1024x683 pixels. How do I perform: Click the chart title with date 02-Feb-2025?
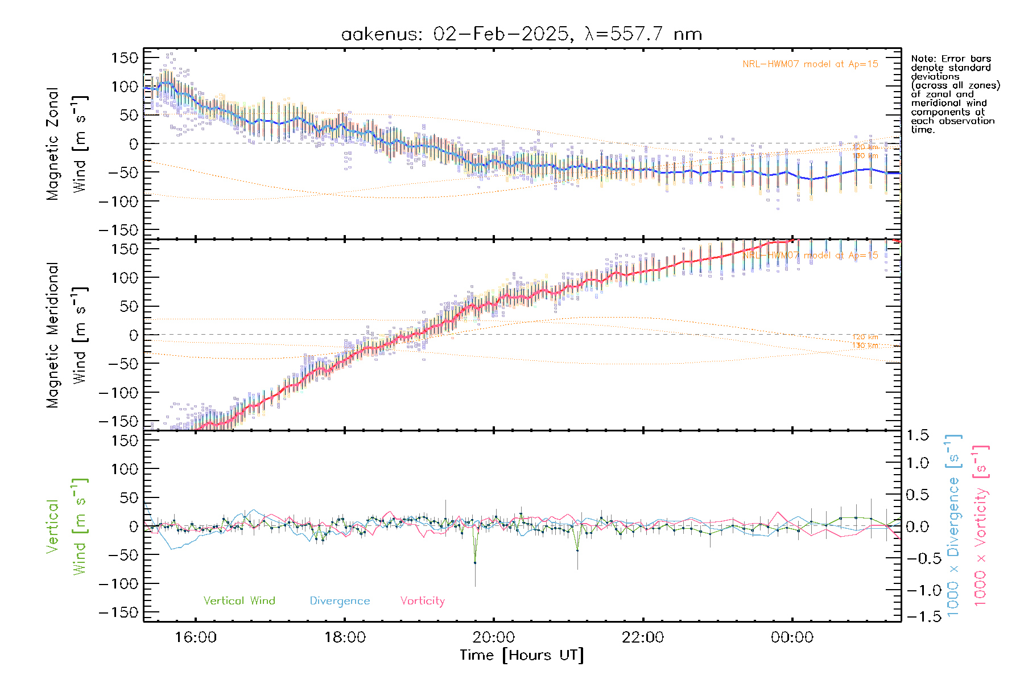pyautogui.click(x=521, y=34)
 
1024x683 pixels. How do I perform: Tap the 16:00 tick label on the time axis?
pyautogui.click(x=195, y=637)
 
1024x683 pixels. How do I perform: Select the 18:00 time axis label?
pyautogui.click(x=345, y=637)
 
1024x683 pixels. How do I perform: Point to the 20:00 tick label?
pyautogui.click(x=494, y=637)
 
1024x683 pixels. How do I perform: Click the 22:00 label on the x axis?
pyautogui.click(x=643, y=637)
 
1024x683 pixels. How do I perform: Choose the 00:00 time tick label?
pyautogui.click(x=792, y=637)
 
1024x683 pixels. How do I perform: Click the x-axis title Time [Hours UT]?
pyautogui.click(x=522, y=655)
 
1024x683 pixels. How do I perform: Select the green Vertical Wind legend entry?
pyautogui.click(x=239, y=600)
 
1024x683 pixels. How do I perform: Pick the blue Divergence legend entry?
pyautogui.click(x=340, y=600)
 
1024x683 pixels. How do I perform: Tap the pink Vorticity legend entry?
pyautogui.click(x=422, y=600)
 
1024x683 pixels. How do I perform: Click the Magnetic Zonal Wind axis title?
pyautogui.click(x=67, y=143)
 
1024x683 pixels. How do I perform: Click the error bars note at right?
pyautogui.click(x=955, y=94)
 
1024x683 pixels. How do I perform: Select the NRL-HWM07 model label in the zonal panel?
pyautogui.click(x=810, y=64)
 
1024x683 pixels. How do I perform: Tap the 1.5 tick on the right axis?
pyautogui.click(x=917, y=435)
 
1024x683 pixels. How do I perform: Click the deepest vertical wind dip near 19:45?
pyautogui.click(x=475, y=562)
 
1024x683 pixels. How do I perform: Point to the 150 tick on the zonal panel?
pyautogui.click(x=125, y=57)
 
